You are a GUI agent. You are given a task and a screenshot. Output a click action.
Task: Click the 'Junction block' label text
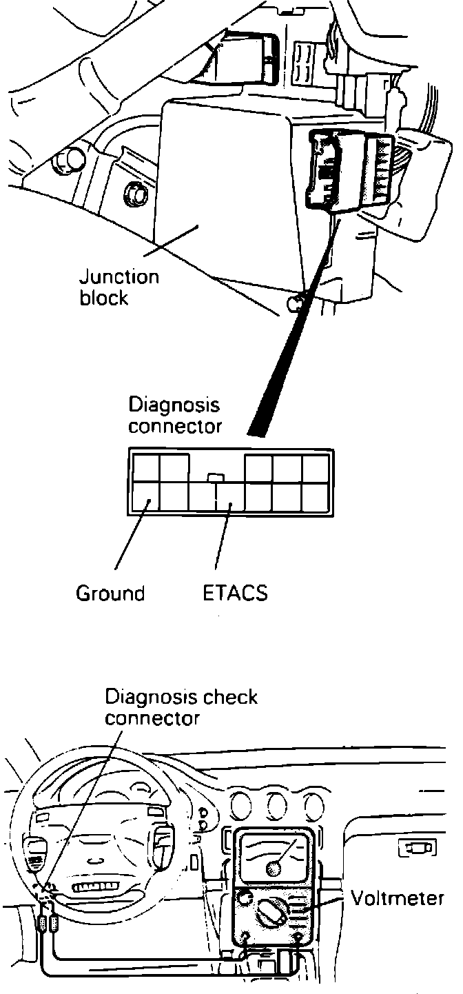tap(119, 288)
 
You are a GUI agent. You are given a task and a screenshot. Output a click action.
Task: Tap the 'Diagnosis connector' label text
tap(175, 414)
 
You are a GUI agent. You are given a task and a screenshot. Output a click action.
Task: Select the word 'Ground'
tap(110, 593)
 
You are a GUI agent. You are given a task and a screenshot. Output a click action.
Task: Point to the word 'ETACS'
tap(235, 593)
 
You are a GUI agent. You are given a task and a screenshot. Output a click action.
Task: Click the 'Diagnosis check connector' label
tap(181, 707)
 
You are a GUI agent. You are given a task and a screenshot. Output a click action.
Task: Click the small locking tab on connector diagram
tap(216, 476)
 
